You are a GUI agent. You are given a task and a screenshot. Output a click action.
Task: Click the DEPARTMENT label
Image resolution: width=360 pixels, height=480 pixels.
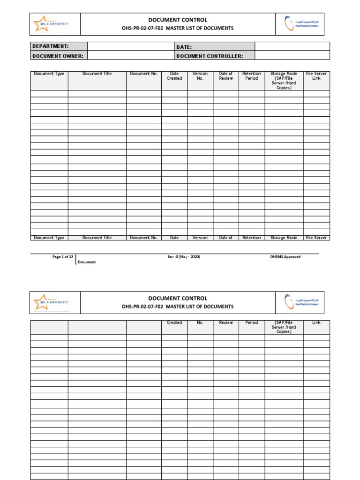(50, 46)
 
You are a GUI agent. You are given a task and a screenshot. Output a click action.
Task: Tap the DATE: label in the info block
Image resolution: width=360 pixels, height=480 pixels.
(184, 47)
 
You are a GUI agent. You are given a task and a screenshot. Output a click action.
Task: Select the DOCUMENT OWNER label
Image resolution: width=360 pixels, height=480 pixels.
(57, 56)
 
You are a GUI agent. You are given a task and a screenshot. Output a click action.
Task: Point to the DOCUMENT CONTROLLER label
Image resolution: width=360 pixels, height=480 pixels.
(209, 56)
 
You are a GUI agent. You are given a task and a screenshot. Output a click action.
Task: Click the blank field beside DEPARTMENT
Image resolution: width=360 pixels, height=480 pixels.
(130, 46)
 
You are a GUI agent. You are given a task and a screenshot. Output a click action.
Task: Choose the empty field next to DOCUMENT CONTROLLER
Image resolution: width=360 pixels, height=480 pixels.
(292, 56)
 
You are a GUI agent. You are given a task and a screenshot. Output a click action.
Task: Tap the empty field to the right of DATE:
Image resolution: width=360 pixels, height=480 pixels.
(292, 46)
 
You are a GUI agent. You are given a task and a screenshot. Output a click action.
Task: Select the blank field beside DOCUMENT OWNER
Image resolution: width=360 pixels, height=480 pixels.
(130, 56)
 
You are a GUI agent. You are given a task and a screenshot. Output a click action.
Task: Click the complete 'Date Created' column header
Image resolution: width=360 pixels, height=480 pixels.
(174, 76)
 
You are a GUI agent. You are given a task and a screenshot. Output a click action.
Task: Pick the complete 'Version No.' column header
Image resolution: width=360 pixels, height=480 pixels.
(200, 76)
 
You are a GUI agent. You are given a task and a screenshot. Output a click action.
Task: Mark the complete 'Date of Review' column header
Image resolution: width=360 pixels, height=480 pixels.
(226, 76)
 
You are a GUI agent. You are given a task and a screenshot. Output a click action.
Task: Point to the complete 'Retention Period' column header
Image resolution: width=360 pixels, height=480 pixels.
(252, 76)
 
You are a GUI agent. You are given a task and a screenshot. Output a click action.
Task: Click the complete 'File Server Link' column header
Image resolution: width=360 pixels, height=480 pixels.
(316, 76)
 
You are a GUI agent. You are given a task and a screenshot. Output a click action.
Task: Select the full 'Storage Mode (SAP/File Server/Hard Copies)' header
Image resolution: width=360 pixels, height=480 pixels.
(284, 81)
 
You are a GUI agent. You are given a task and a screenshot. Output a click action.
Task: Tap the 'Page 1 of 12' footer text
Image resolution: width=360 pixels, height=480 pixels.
(63, 257)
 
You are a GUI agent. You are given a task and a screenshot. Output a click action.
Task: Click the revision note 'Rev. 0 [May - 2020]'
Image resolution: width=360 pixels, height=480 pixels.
(180, 257)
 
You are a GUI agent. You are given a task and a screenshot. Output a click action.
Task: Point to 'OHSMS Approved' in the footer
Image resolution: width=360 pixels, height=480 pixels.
(285, 257)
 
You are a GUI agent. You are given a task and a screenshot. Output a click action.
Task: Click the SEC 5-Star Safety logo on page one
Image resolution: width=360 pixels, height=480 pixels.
(51, 24)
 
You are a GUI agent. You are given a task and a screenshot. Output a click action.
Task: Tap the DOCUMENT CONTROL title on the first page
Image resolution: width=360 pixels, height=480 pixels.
(178, 20)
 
